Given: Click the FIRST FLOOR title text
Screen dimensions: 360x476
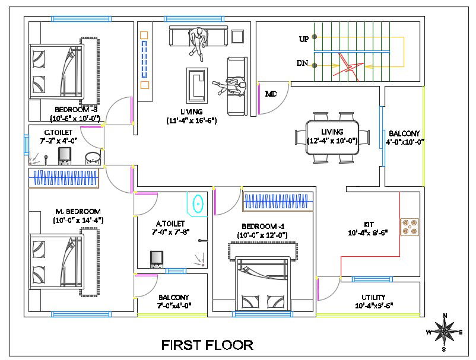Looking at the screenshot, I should [208, 345].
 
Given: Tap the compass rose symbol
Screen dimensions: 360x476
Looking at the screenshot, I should [445, 331].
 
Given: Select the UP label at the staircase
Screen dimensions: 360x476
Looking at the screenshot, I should [304, 39].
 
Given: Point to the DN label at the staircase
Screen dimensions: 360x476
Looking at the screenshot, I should [302, 63].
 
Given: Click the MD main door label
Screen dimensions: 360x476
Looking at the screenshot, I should [271, 94].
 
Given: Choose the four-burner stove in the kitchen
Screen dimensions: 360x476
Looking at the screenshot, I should [410, 227].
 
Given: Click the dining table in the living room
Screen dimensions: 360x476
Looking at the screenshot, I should [332, 138].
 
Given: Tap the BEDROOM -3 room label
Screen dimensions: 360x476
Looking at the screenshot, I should [76, 110].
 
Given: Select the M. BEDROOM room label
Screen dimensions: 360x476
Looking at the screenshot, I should [78, 211].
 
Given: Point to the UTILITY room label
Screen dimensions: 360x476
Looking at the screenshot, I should [373, 297].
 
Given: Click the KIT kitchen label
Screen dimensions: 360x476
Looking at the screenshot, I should [369, 225].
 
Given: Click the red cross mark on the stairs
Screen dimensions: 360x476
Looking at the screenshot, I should [348, 65].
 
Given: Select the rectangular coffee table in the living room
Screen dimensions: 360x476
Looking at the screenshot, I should [196, 85].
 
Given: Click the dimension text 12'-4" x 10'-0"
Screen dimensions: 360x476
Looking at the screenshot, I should [332, 141].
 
